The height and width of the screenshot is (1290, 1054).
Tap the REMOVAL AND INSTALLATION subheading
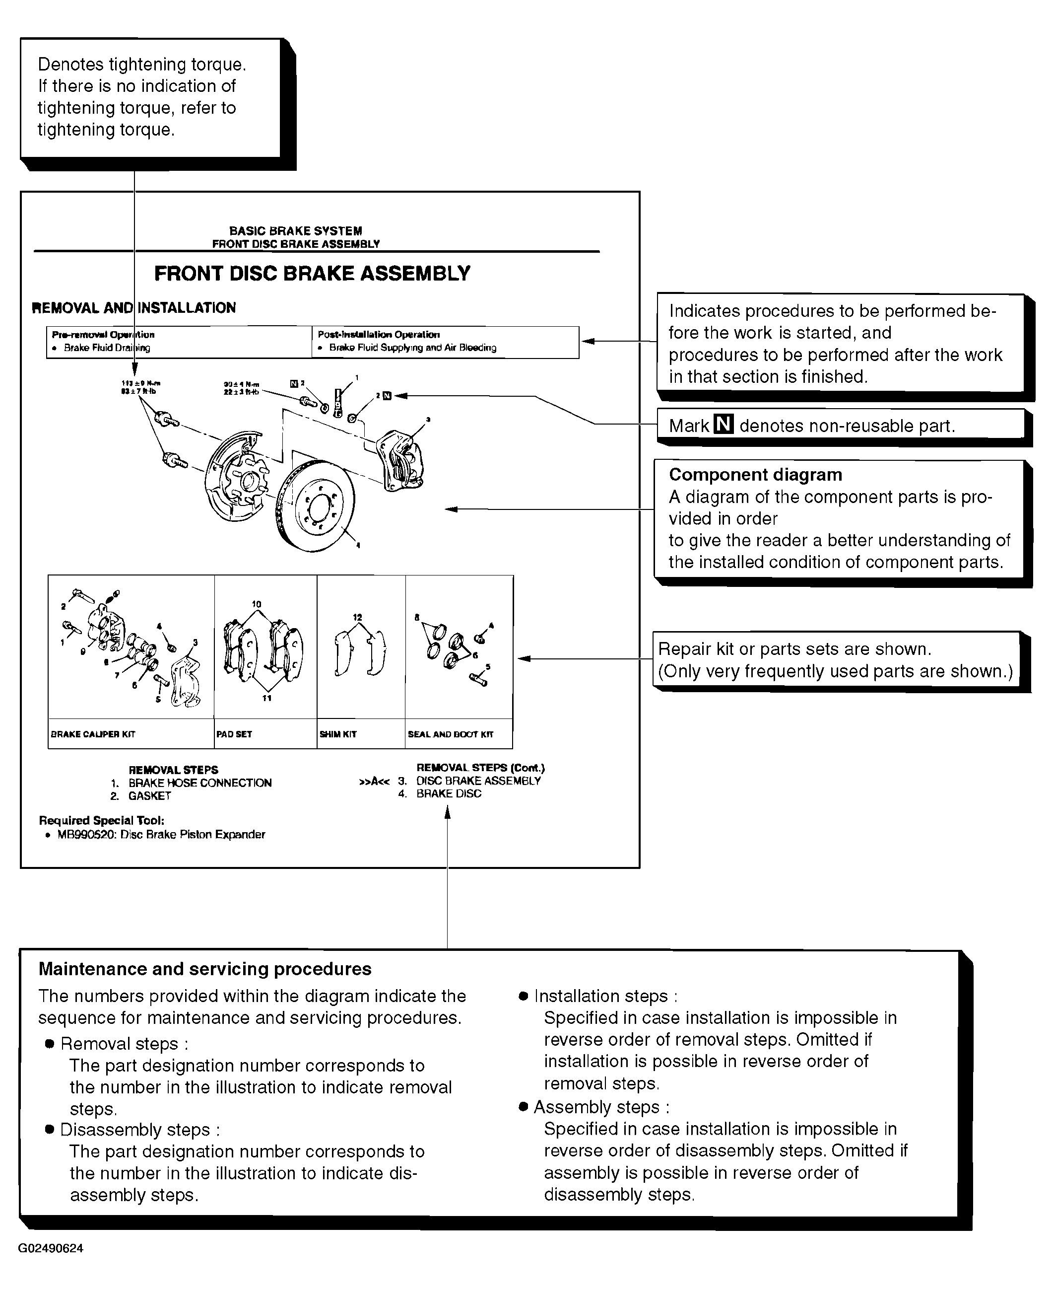tap(133, 308)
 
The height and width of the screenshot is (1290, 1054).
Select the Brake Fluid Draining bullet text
tap(107, 348)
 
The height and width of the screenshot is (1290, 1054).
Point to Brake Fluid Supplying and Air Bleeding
tap(412, 348)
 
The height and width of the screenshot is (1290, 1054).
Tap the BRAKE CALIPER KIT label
tap(93, 734)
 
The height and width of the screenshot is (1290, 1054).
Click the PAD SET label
tap(234, 734)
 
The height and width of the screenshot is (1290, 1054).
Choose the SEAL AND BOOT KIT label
tap(451, 734)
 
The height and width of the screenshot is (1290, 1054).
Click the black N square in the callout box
tap(723, 424)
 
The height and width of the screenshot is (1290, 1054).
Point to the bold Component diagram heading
tap(755, 475)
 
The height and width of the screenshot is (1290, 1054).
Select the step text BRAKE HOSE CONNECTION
tap(200, 783)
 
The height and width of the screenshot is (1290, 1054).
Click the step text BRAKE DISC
tap(449, 794)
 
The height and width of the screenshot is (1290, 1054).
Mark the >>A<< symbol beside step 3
tap(374, 782)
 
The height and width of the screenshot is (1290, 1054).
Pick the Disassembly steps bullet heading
tap(139, 1130)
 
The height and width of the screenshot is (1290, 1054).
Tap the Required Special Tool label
tap(101, 820)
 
